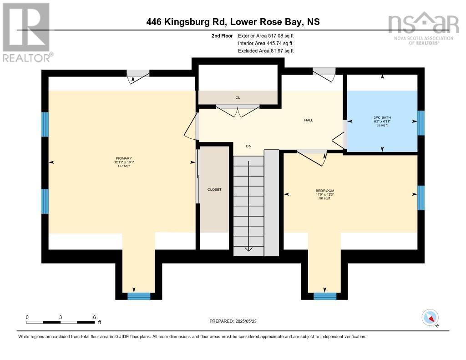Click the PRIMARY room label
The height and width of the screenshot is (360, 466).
pyautogui.click(x=124, y=158)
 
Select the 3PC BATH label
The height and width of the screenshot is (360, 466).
pyautogui.click(x=382, y=117)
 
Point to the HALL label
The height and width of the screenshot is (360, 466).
pyautogui.click(x=309, y=120)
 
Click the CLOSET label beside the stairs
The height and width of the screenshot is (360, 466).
pyautogui.click(x=214, y=189)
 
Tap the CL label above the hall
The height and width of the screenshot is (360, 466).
pyautogui.click(x=238, y=97)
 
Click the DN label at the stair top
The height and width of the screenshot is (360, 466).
pyautogui.click(x=248, y=146)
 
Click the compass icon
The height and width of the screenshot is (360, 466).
pyautogui.click(x=430, y=317)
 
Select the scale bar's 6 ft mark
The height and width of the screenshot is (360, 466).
pyautogui.click(x=94, y=317)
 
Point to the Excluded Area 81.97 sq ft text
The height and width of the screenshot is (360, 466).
pyautogui.click(x=266, y=51)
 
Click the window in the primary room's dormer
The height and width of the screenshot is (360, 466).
pyautogui.click(x=138, y=296)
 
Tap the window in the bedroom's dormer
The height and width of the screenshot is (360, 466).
pyautogui.click(x=325, y=296)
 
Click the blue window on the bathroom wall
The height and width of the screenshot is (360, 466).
pyautogui.click(x=421, y=123)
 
